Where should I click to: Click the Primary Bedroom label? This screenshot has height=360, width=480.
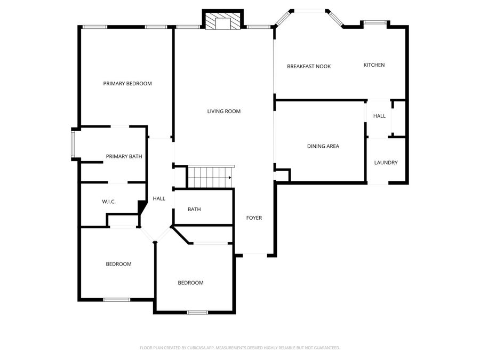(x=127, y=84)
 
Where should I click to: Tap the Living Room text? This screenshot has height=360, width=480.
(x=224, y=111)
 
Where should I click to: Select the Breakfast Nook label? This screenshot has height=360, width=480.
(x=309, y=67)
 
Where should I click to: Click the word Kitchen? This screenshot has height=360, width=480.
(x=374, y=65)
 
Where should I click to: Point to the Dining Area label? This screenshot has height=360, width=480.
(x=323, y=146)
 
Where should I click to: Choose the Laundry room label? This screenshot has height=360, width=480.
(x=386, y=163)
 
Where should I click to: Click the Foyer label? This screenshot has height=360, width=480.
(x=254, y=218)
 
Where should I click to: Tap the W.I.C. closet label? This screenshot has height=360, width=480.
(x=109, y=202)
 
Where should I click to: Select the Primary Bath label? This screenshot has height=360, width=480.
(x=124, y=156)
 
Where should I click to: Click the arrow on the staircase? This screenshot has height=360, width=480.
(x=229, y=178)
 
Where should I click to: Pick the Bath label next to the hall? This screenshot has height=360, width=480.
(x=194, y=210)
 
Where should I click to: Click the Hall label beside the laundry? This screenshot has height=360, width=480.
(x=379, y=116)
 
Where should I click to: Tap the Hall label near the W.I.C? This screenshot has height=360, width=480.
(x=159, y=198)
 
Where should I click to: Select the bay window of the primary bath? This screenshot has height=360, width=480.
(x=74, y=145)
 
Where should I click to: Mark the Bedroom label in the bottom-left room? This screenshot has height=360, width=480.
(x=118, y=264)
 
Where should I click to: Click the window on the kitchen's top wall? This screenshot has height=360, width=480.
(x=375, y=22)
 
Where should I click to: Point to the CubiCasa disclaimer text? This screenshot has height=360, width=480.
(x=240, y=348)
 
